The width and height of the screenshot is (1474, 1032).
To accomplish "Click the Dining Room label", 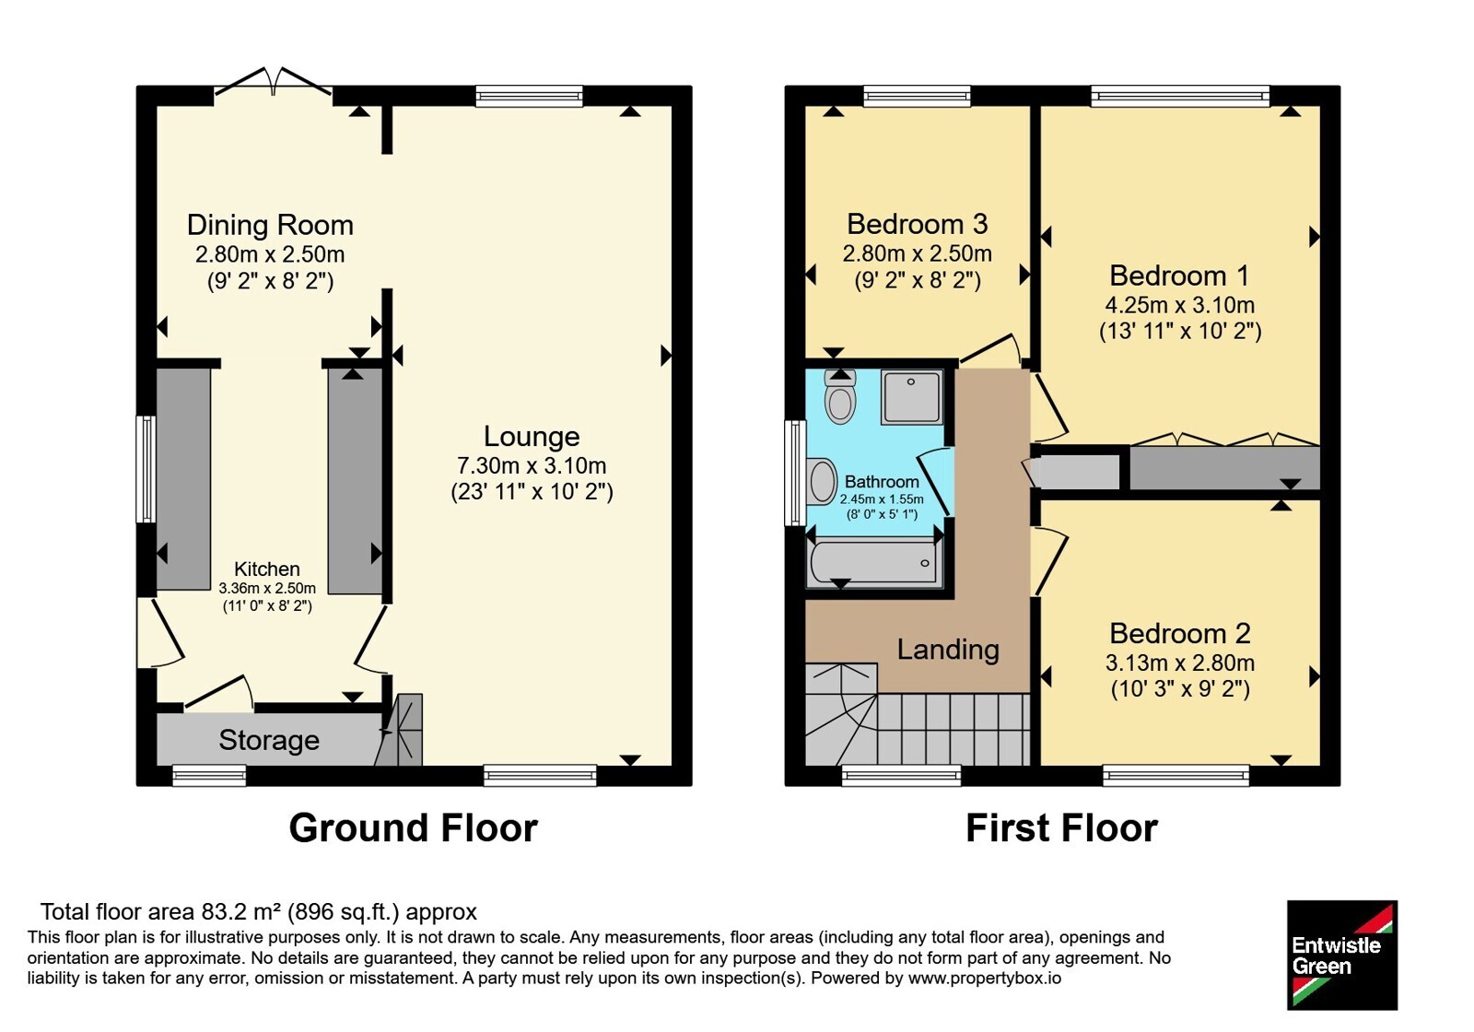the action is pyautogui.click(x=270, y=225).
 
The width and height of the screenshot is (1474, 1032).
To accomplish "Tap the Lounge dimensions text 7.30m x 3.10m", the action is pyautogui.click(x=532, y=465).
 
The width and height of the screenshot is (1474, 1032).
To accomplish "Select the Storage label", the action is pyautogui.click(x=269, y=740).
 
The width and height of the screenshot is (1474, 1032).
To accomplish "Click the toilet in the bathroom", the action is pyautogui.click(x=840, y=397).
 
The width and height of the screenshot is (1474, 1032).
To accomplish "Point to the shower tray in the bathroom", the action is pyautogui.click(x=911, y=396).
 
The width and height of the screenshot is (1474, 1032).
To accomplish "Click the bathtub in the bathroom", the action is pyautogui.click(x=874, y=563).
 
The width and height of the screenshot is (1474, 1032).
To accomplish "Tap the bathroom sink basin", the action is pyautogui.click(x=822, y=481).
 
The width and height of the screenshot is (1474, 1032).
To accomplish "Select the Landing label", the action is pyautogui.click(x=948, y=650).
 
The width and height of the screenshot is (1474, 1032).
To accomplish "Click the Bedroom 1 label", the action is pyautogui.click(x=1179, y=276).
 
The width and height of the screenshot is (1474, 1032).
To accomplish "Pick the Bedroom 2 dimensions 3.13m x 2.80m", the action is pyautogui.click(x=1180, y=663).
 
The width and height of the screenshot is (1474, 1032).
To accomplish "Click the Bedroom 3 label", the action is pyautogui.click(x=918, y=224).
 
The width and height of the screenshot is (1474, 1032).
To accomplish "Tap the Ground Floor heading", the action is pyautogui.click(x=414, y=827).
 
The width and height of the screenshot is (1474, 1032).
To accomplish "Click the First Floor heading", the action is pyautogui.click(x=1061, y=827).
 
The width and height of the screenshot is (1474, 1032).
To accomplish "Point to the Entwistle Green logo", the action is pyautogui.click(x=1342, y=955).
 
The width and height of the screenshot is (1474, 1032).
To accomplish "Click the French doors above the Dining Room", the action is pyautogui.click(x=273, y=84).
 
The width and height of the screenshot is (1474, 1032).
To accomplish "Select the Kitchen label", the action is pyautogui.click(x=266, y=569).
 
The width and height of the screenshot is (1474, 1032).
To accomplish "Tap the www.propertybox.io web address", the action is pyautogui.click(x=985, y=978).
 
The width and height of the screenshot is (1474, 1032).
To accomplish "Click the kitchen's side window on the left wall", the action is pyautogui.click(x=146, y=469).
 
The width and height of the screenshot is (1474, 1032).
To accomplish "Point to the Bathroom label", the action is pyautogui.click(x=882, y=481).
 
